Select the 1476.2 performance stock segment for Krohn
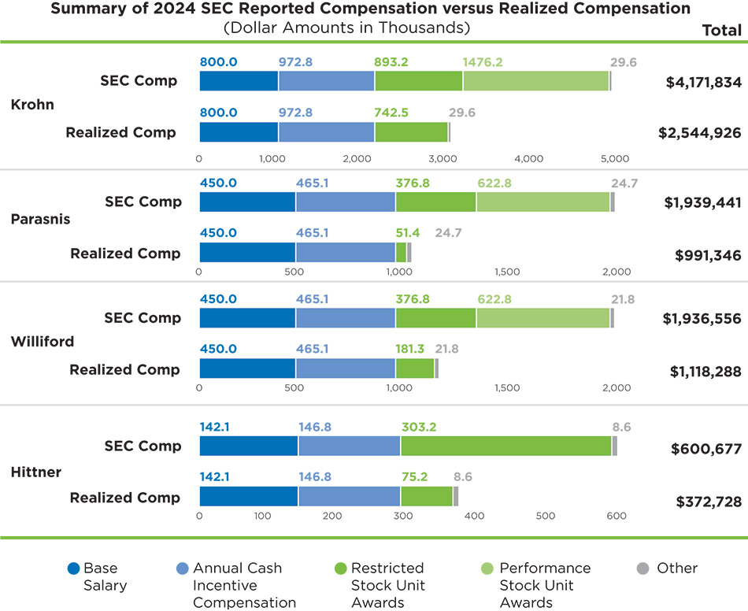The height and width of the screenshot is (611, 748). (535, 81)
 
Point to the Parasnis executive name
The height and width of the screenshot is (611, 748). (40, 220)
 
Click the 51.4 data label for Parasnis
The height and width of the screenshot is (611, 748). (408, 233)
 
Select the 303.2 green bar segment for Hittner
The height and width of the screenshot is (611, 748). (505, 446)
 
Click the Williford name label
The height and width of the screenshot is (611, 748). (43, 342)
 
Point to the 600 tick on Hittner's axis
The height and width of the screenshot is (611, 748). (617, 516)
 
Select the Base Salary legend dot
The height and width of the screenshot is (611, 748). (74, 568)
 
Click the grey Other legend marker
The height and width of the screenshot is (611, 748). (642, 568)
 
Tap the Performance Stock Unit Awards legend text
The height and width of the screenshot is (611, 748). (545, 585)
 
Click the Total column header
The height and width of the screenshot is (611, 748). (721, 31)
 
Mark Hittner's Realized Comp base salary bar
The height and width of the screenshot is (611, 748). (248, 496)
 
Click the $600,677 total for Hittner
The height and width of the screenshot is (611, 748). (706, 449)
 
